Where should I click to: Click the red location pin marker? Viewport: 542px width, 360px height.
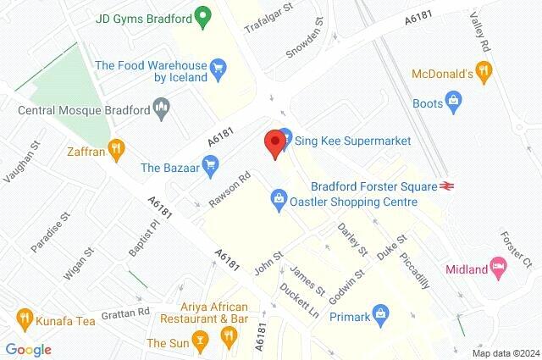coord(274,143)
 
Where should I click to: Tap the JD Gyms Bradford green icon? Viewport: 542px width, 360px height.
coord(202,14)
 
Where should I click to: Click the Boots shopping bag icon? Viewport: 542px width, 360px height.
coord(455,103)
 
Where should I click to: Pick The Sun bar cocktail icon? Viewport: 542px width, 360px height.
coord(200,343)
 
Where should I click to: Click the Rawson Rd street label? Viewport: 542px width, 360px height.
coord(230,190)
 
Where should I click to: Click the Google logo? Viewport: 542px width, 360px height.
coord(28,349)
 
